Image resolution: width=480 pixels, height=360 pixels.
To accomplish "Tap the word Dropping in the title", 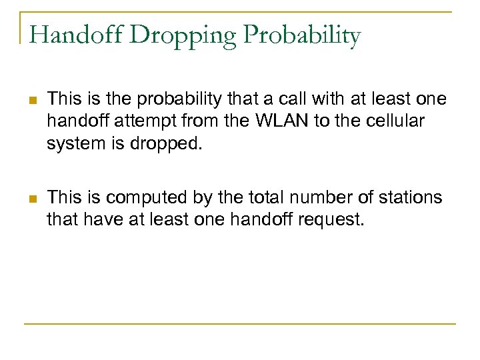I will pos(171,36).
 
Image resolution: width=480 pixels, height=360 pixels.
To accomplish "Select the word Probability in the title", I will pos(297,36).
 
